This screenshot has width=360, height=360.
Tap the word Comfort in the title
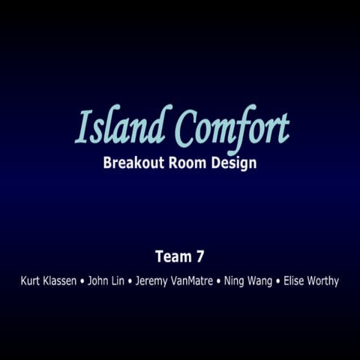232,127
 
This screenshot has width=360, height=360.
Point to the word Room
189,163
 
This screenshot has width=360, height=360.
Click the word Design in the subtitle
235,163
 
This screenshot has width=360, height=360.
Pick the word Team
171,256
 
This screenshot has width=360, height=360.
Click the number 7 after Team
199,256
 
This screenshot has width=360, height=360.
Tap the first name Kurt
31,281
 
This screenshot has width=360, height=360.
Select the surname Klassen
60,281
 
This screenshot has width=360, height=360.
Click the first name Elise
295,281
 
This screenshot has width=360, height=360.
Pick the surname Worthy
324,282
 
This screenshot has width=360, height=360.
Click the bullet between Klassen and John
82,282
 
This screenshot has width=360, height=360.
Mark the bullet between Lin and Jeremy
130,282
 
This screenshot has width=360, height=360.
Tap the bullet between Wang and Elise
278,282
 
